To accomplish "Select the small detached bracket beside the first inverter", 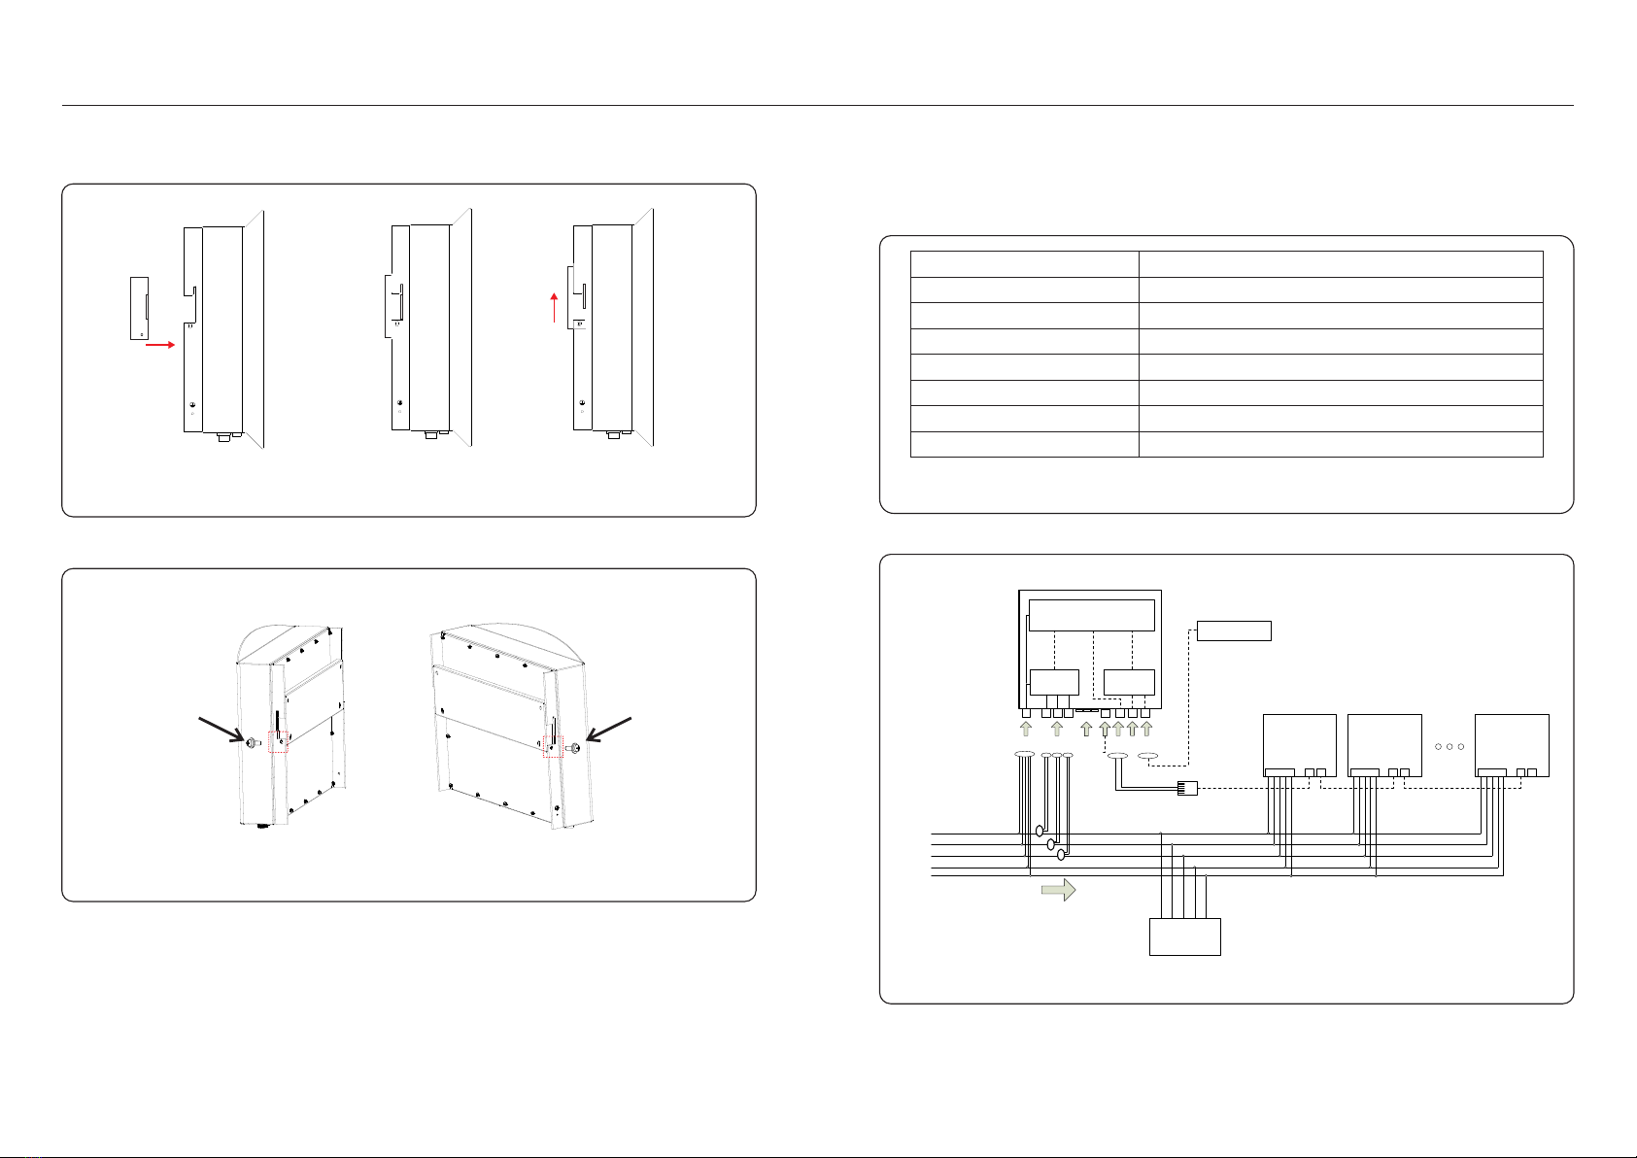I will (140, 308).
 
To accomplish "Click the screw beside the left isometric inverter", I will (252, 743).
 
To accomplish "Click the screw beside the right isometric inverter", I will (575, 749).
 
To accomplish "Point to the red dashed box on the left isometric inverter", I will (278, 741).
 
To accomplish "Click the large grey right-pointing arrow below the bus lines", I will (1058, 890).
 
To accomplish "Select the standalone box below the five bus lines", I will (1184, 937).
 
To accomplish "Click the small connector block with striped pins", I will (1187, 788).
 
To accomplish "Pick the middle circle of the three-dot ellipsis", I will (1448, 747).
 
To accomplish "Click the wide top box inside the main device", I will (1091, 615).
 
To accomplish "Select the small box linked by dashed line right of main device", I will (1234, 630).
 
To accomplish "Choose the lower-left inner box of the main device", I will (1054, 682).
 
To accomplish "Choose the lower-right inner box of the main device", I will (1129, 682).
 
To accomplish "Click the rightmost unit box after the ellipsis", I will (1512, 745).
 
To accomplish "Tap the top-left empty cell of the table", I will (1024, 264).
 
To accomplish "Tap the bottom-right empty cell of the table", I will (1340, 444).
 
